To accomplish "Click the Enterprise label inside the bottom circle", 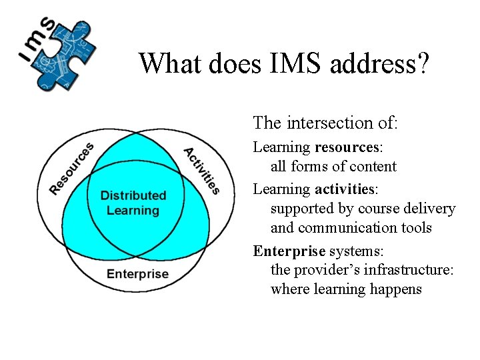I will pos(137,274).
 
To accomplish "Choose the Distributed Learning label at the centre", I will pos(133,203).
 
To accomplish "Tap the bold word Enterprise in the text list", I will pos(288,251).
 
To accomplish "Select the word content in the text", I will pos(374,167).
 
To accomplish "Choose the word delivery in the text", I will pos(429,209).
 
